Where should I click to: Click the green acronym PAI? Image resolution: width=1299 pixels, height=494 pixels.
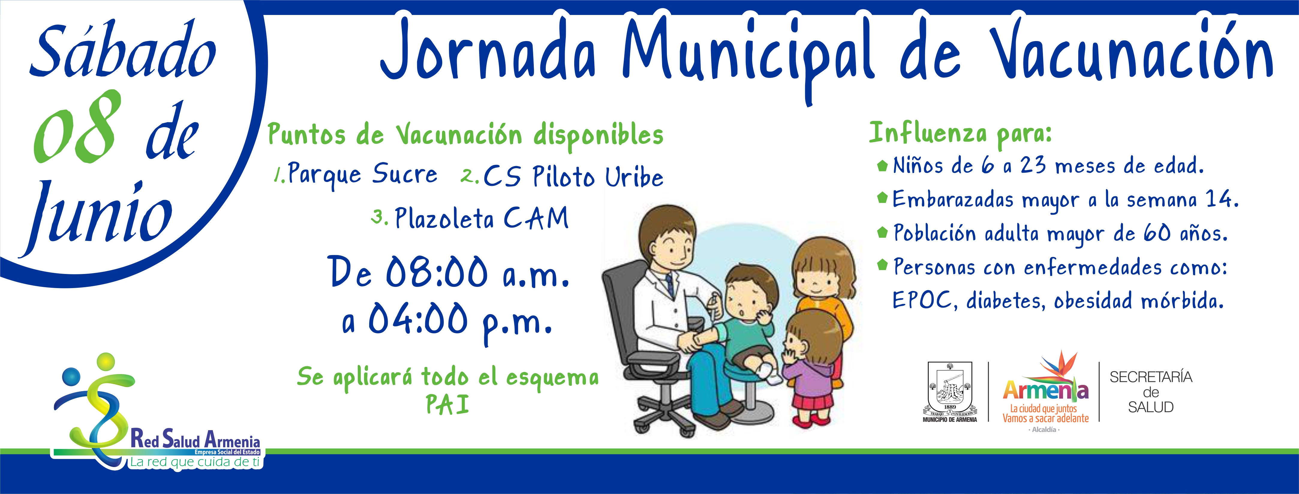click(x=447, y=404)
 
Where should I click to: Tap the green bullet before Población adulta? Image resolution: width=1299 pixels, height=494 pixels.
click(x=882, y=232)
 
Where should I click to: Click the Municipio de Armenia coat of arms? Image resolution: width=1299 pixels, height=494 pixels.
click(x=950, y=391)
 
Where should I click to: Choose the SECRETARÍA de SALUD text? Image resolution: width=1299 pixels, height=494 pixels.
click(x=1151, y=392)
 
